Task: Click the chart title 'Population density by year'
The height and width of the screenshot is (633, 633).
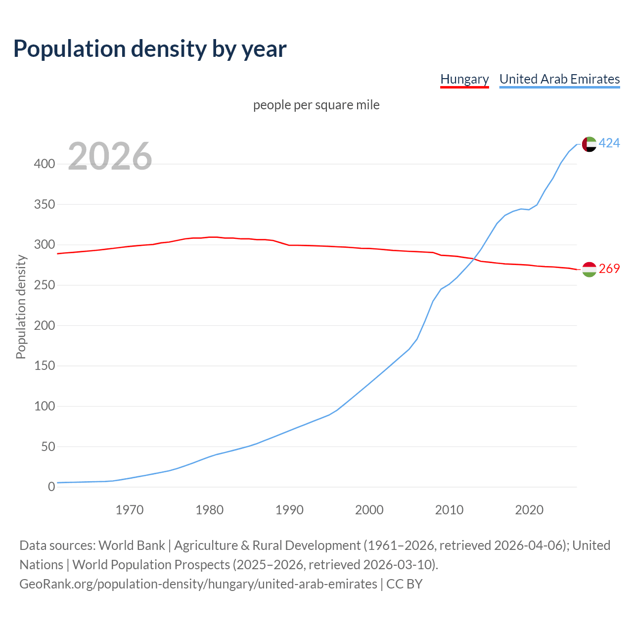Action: tap(150, 48)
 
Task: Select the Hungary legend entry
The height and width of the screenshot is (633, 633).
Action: tap(464, 79)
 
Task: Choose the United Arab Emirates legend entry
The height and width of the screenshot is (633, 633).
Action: tap(559, 79)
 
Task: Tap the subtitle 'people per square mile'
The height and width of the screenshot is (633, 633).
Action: tap(316, 105)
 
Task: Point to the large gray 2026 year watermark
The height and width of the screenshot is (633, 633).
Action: tap(110, 156)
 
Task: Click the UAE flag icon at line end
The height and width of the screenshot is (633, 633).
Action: tap(589, 144)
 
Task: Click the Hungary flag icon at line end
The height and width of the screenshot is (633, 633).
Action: tap(589, 270)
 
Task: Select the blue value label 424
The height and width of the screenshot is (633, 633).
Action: tap(609, 143)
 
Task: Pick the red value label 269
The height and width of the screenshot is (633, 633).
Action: tap(609, 269)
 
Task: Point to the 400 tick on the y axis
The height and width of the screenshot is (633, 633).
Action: tap(45, 164)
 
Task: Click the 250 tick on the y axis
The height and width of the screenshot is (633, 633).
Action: tap(45, 285)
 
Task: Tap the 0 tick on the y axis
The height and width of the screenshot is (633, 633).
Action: tap(51, 487)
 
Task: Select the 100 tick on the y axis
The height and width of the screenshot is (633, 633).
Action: tap(45, 407)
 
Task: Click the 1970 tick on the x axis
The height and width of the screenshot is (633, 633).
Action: tap(130, 510)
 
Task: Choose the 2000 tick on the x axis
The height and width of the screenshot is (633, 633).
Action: tap(369, 510)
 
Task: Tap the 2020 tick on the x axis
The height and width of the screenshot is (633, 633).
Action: tap(529, 510)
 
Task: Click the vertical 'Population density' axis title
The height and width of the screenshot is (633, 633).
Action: tap(21, 307)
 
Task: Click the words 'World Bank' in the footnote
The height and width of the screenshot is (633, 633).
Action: tap(132, 545)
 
